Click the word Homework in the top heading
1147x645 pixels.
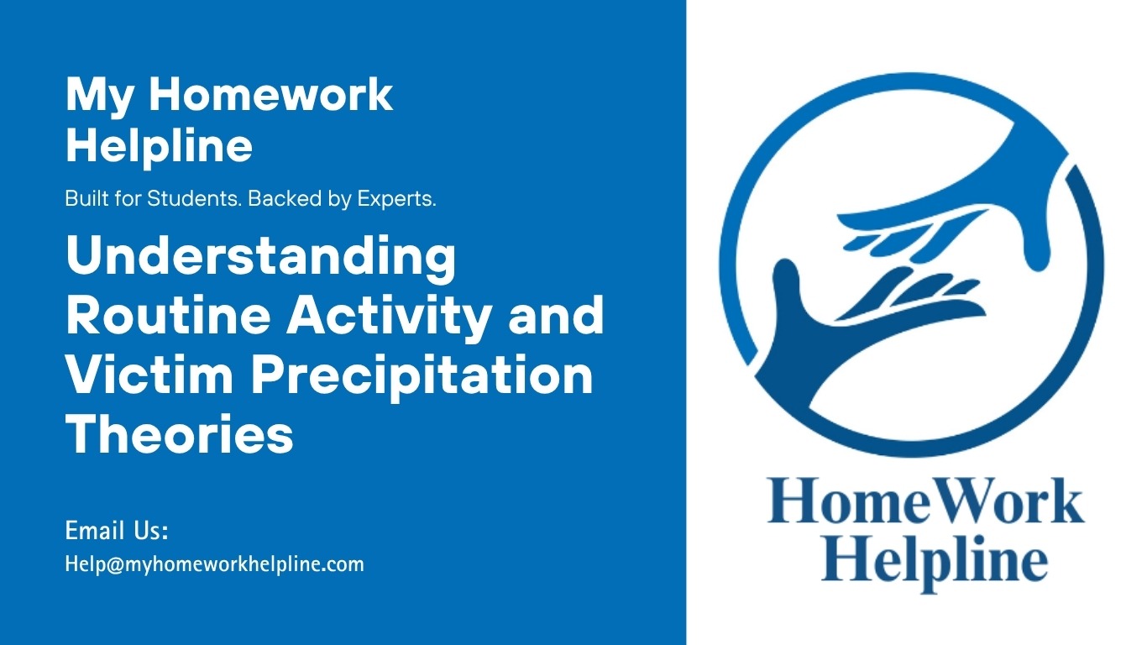[x=271, y=95]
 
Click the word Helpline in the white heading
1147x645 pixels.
[x=160, y=146]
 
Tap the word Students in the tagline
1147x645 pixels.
[x=194, y=199]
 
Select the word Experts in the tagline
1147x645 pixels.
[x=397, y=199]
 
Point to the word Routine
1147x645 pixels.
[x=169, y=315]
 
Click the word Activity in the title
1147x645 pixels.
[x=389, y=317]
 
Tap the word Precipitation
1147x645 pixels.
[x=422, y=376]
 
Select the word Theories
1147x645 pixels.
[x=180, y=433]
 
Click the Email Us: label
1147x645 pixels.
[x=117, y=531]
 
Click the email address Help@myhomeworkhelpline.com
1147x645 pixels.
[x=215, y=564]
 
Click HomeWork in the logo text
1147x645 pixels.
[x=925, y=501]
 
